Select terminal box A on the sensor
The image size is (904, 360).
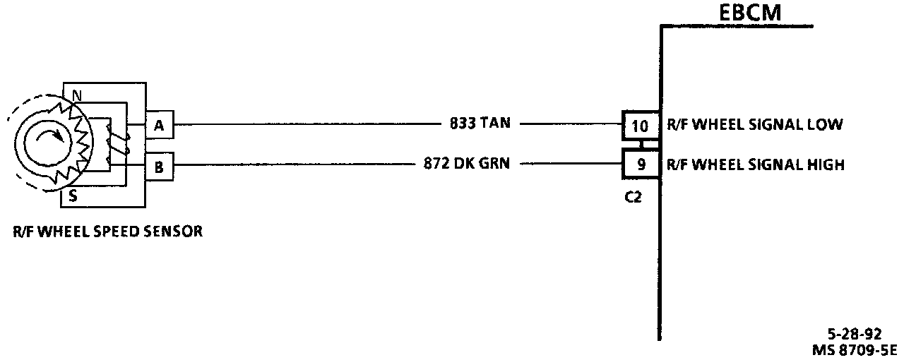(x=159, y=126)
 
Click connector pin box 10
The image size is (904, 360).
(x=639, y=126)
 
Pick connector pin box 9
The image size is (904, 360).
(x=639, y=166)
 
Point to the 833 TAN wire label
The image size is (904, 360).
(x=480, y=124)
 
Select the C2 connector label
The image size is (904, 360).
(x=634, y=197)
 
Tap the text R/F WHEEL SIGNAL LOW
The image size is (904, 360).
(x=754, y=125)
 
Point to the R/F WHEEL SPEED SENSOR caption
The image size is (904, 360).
(x=107, y=230)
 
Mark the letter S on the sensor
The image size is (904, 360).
(x=73, y=198)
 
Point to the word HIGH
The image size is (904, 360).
(x=825, y=166)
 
